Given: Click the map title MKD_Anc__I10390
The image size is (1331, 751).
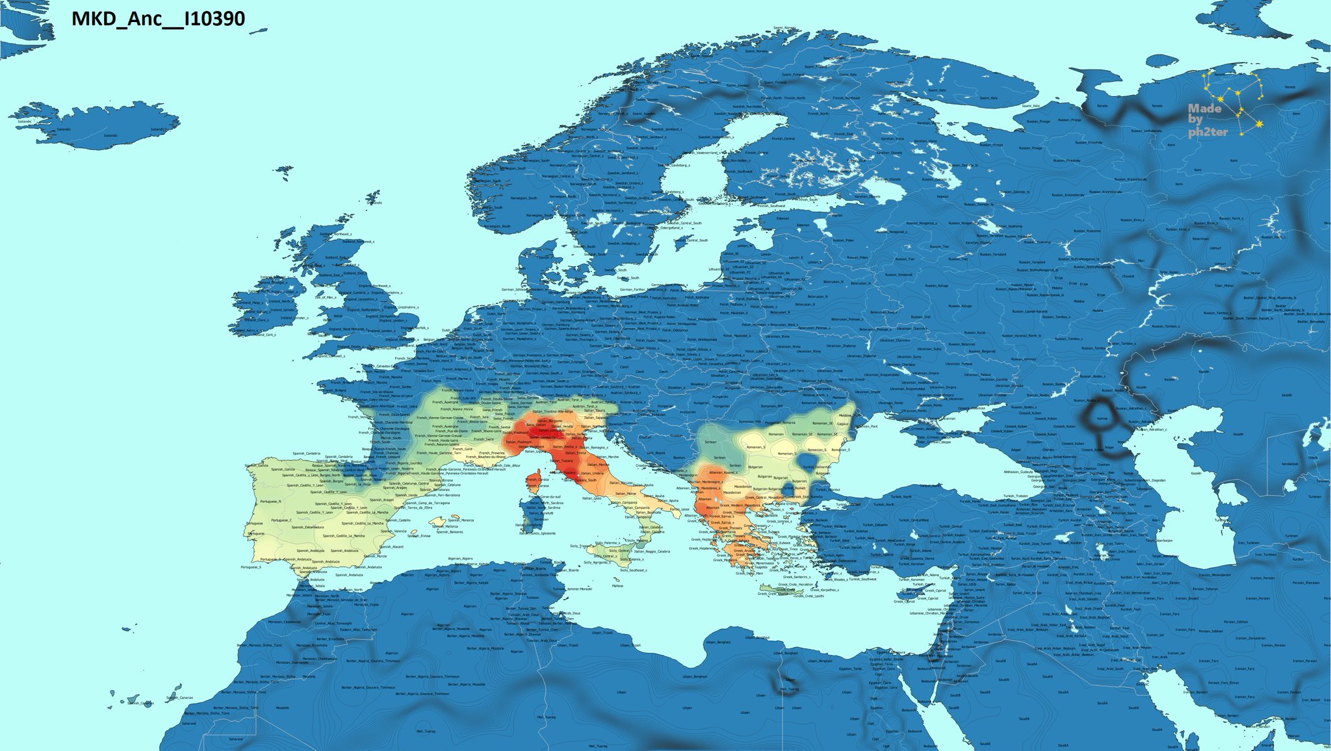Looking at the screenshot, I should coord(158,19).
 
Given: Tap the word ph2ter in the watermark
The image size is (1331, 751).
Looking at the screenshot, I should coord(1208,133).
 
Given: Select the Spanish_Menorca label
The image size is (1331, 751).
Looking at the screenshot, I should coord(461,520).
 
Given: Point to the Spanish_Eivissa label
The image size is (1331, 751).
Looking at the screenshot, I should coord(419,535).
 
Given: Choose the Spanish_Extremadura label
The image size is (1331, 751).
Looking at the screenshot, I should coord(305,527).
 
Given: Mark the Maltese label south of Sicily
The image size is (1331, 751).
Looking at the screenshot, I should coord(617,585).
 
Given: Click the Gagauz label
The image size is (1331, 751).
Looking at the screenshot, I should coord(843,423).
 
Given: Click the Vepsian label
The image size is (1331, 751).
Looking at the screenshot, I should coord(836,215).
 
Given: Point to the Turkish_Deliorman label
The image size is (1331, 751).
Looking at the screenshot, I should coord(816,466).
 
